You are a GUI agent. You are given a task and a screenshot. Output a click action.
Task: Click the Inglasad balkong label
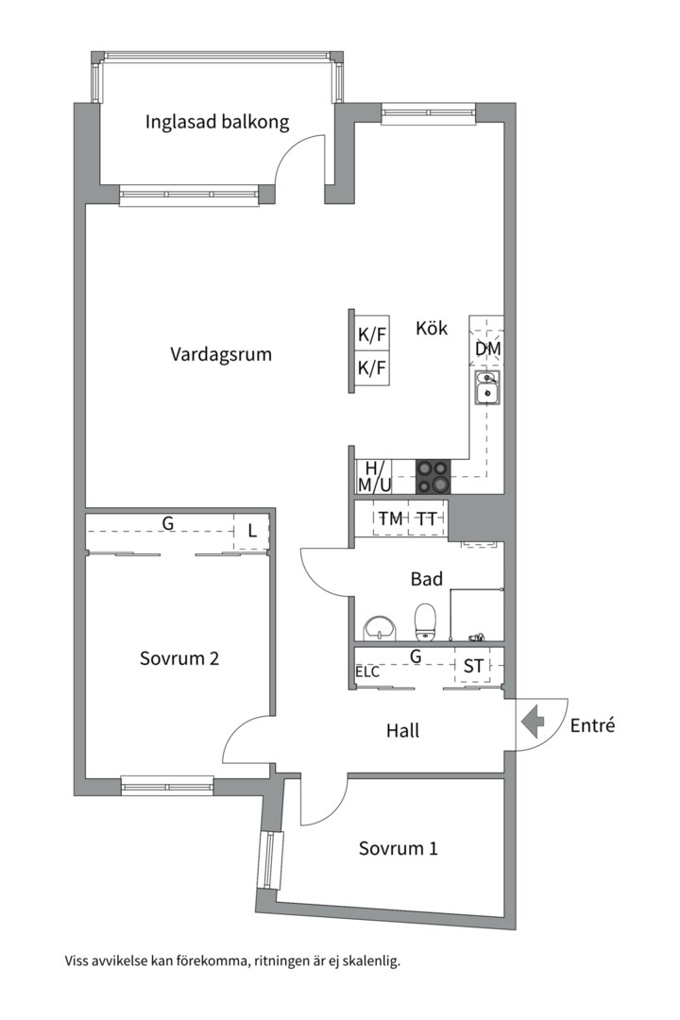(217, 122)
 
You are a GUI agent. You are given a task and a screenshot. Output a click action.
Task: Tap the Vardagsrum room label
(221, 355)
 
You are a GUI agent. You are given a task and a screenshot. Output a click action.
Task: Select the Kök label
(432, 329)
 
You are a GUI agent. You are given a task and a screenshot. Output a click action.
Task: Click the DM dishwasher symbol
(487, 348)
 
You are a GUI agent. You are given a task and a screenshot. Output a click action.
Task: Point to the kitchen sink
(487, 388)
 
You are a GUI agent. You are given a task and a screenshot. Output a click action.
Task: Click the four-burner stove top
(433, 476)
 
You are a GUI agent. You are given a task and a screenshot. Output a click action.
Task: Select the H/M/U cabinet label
(374, 477)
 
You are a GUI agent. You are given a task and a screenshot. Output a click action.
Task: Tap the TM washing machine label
(390, 518)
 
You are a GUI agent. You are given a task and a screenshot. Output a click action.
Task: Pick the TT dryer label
(427, 518)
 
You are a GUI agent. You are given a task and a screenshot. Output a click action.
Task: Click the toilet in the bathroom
(426, 620)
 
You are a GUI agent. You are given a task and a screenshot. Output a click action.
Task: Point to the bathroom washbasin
(381, 625)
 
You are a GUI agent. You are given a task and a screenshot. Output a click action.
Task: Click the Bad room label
(427, 579)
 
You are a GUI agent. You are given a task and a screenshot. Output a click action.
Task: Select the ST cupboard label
(473, 667)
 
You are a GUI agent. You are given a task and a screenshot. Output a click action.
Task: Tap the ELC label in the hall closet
(367, 672)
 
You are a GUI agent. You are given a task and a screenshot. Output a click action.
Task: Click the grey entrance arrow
(534, 724)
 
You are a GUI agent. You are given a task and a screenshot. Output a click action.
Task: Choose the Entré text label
(592, 725)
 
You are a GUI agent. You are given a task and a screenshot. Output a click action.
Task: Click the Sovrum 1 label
(398, 848)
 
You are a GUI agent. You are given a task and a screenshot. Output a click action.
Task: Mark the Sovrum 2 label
(179, 658)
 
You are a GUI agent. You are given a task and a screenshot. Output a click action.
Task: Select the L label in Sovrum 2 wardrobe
(251, 532)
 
